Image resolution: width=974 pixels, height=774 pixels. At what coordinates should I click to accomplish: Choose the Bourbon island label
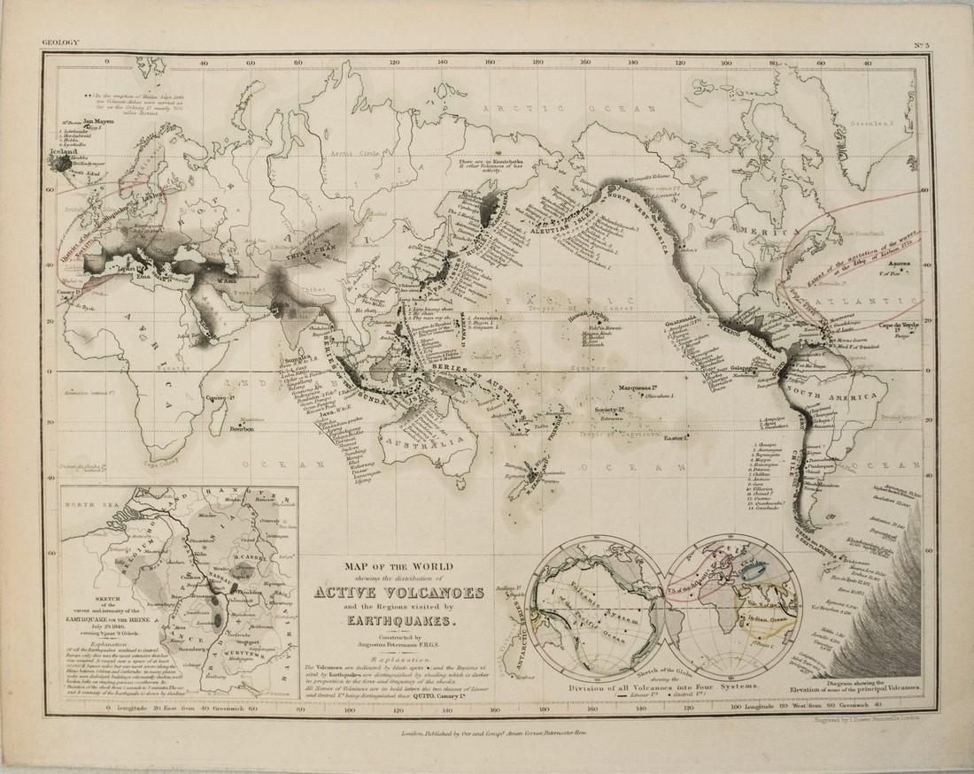point(240,428)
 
